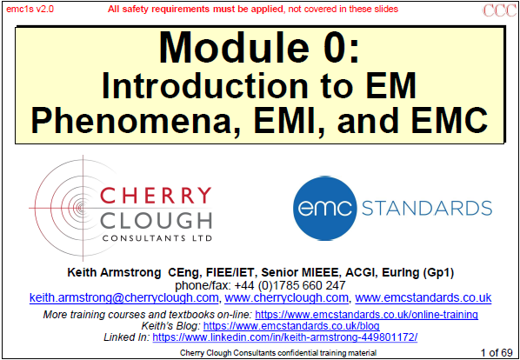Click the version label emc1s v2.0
pos(30,9)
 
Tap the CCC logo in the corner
pos(500,10)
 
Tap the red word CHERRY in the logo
pos(156,196)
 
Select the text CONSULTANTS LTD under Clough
pos(157,238)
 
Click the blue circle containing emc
pos(324,208)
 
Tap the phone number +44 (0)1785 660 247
pos(290,284)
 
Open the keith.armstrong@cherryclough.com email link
pos(123,297)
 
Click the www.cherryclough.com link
pos(287,297)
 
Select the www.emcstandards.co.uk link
pos(423,297)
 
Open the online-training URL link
pos(366,314)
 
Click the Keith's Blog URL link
pos(291,326)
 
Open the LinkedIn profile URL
pos(284,337)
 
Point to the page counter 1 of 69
pos(497,352)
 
